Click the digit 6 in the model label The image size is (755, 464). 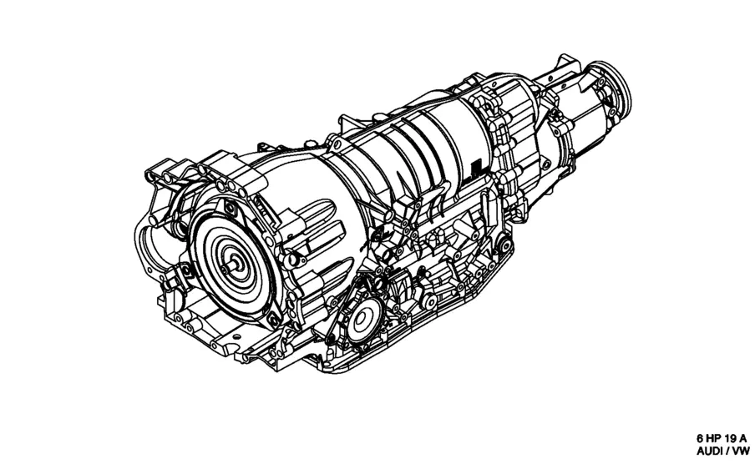click(700, 438)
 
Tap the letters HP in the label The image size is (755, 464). click(712, 438)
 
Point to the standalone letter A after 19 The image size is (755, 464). click(743, 438)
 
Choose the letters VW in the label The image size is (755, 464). click(742, 451)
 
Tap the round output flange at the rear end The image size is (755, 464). click(612, 87)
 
